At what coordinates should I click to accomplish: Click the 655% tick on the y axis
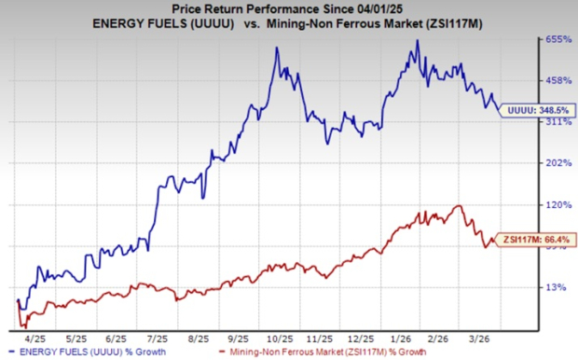(x=556, y=40)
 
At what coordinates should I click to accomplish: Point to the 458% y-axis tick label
(x=556, y=80)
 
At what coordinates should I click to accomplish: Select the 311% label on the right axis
(x=556, y=121)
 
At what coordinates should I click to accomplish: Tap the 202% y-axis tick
(x=556, y=162)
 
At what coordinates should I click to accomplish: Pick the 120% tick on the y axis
(x=556, y=204)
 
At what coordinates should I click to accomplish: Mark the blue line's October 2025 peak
(x=277, y=48)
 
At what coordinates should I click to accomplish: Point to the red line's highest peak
(x=458, y=206)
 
